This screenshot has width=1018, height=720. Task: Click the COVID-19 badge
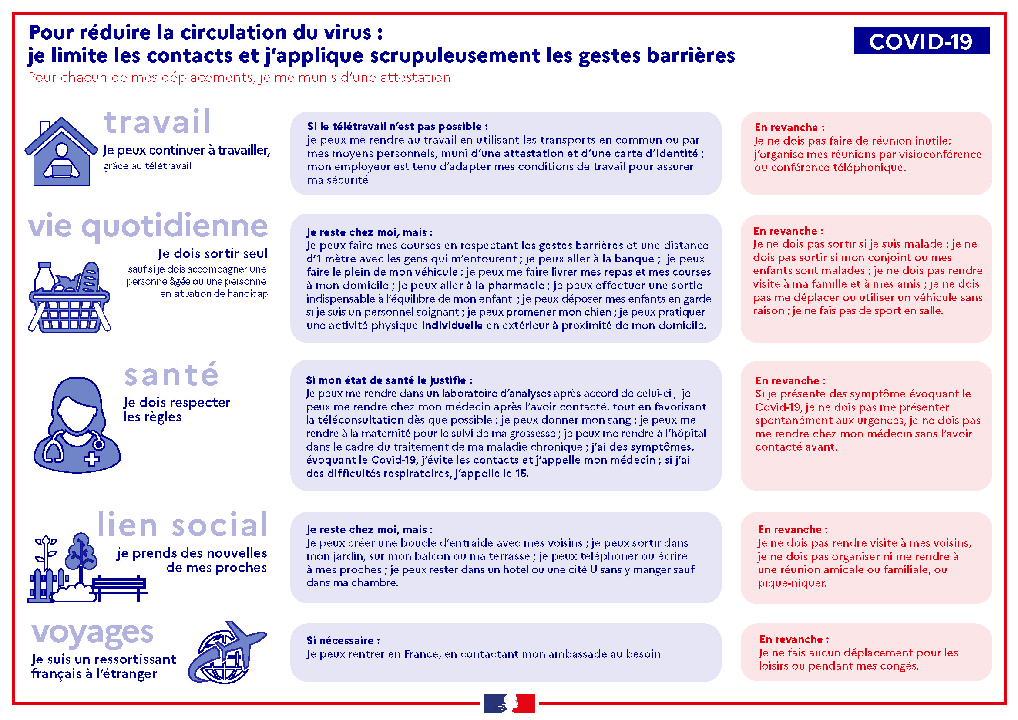[921, 40]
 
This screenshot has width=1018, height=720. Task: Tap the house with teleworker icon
[61, 151]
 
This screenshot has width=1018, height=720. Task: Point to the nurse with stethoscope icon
[77, 425]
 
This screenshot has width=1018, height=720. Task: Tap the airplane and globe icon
[228, 652]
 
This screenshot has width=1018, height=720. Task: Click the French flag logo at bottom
[509, 703]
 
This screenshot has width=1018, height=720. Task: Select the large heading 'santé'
[171, 375]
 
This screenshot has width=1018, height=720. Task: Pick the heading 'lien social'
[183, 525]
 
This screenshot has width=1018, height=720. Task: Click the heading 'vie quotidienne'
[148, 226]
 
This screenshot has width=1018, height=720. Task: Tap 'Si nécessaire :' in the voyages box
[343, 640]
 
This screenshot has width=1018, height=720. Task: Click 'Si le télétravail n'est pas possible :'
[397, 126]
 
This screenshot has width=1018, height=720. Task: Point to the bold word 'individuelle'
[452, 326]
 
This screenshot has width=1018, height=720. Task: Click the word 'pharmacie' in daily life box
[516, 286]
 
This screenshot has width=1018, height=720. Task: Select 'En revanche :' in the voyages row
[794, 639]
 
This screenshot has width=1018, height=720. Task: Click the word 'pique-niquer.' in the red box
[792, 583]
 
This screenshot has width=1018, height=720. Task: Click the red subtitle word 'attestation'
[415, 77]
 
